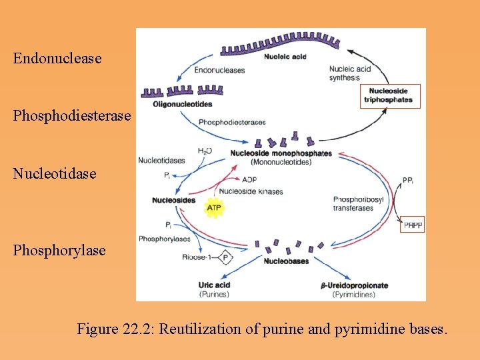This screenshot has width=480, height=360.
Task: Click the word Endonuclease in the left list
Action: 57,58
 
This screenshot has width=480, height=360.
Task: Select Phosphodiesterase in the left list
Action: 72,115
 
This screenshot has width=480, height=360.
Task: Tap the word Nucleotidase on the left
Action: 55,173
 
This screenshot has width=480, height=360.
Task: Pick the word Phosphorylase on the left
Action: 59,250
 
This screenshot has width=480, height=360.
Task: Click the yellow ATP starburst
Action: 214,208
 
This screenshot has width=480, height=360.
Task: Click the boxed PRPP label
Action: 413,226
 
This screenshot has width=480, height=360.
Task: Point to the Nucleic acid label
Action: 285,57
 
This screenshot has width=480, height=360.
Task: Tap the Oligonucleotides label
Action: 182,104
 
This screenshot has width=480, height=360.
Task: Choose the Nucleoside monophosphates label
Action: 281,153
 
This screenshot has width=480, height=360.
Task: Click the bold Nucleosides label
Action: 173,200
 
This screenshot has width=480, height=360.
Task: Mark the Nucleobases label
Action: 287,261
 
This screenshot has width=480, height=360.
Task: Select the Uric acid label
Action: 214,285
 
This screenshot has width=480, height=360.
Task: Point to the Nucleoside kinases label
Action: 251,191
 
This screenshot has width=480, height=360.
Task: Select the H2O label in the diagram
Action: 205,151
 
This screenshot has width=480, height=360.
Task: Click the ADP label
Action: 249,179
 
